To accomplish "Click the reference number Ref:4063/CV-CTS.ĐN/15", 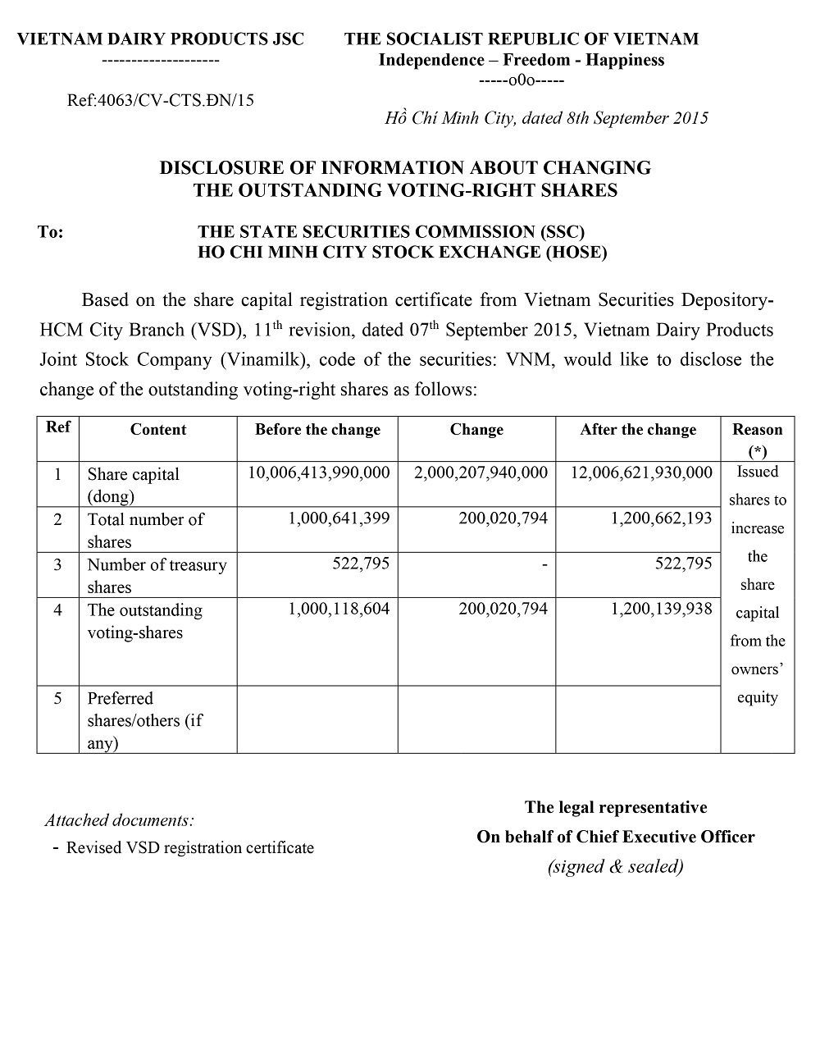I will (x=160, y=100).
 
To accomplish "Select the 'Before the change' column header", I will (x=317, y=430).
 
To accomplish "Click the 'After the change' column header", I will (x=638, y=430).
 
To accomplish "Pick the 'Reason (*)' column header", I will (x=757, y=440).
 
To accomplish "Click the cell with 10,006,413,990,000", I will (x=319, y=472).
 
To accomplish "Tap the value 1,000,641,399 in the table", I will (x=339, y=518).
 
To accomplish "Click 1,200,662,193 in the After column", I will (x=661, y=518).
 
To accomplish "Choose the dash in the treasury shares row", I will (x=544, y=564).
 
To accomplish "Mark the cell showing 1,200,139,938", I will (x=661, y=609).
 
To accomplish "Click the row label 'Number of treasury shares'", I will (x=157, y=575).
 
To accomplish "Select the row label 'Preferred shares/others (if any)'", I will (x=144, y=720).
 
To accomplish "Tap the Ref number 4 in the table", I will (x=57, y=609).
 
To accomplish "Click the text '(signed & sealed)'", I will (x=615, y=866).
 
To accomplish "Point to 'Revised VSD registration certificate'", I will (x=189, y=847).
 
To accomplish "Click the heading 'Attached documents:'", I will (x=120, y=819).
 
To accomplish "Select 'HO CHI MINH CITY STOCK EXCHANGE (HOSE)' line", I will (x=402, y=252).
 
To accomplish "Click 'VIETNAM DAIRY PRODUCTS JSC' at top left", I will (x=161, y=39).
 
